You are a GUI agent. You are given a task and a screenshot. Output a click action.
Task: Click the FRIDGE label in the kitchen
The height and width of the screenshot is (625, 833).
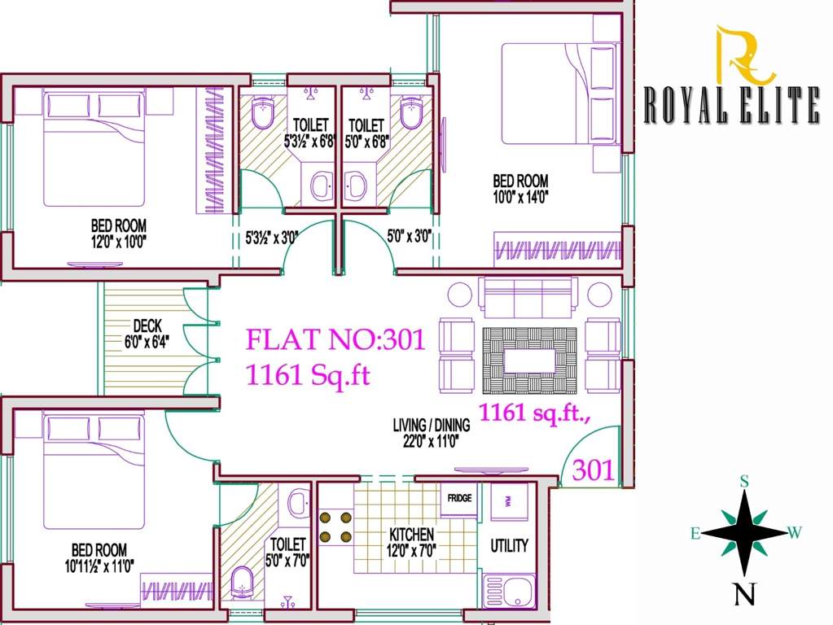click(x=458, y=498)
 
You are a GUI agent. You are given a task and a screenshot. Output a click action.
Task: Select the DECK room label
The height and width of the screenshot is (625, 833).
click(x=147, y=326)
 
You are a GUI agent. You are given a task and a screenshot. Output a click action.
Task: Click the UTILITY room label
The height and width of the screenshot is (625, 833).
click(x=509, y=545)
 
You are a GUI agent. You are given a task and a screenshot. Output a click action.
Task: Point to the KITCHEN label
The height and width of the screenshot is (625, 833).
click(x=411, y=535)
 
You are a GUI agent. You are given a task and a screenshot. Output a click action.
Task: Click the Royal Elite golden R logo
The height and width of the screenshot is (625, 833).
click(x=743, y=55)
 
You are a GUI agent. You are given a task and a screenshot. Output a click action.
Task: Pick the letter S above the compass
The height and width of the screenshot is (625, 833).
click(x=743, y=481)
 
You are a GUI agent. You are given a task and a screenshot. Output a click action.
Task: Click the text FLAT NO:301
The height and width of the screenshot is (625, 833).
click(x=335, y=339)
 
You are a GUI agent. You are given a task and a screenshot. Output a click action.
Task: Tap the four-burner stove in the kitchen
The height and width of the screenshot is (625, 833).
click(x=335, y=526)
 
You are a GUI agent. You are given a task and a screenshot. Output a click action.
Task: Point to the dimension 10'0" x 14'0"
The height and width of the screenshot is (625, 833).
click(x=520, y=195)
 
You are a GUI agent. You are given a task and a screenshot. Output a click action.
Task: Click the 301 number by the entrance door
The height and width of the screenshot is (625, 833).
click(x=594, y=470)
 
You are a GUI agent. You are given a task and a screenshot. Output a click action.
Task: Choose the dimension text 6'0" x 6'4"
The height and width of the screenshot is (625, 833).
click(x=147, y=341)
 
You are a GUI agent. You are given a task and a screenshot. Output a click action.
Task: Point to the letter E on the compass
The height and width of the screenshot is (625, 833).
click(x=695, y=534)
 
